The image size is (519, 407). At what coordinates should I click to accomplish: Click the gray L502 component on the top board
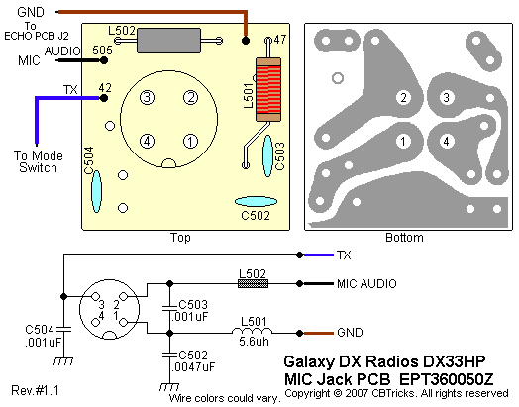[x=168, y=41]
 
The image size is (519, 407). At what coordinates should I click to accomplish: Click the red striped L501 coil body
[x=268, y=89]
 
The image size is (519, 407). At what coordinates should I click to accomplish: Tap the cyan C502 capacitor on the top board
[x=256, y=201]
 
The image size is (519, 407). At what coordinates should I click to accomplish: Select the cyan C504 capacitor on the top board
[x=96, y=191]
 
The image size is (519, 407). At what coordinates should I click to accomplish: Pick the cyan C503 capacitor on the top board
[x=267, y=155]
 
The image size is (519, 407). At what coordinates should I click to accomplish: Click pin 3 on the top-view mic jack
[x=147, y=98]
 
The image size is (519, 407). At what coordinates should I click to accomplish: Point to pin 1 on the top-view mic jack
[x=190, y=142]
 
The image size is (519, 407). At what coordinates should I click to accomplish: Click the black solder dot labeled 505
[x=104, y=60]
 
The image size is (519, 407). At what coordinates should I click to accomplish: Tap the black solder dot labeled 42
[x=104, y=98]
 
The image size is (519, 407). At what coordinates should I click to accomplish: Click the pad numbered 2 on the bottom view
[x=403, y=98]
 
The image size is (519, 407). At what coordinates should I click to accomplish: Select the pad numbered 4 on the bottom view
[x=446, y=142]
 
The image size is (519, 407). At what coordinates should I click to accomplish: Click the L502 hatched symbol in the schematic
[x=254, y=283]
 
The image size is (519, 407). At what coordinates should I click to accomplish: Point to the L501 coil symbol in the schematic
[x=253, y=331]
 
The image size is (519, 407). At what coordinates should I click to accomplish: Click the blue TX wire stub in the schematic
[x=318, y=254]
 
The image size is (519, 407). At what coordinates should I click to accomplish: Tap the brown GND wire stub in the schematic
[x=318, y=333]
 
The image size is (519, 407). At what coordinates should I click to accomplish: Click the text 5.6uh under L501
[x=254, y=342]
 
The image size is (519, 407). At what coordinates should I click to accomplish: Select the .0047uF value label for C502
[x=193, y=367]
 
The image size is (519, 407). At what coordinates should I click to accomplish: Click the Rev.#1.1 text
[x=35, y=390]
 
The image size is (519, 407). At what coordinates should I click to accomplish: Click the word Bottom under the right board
[x=404, y=238]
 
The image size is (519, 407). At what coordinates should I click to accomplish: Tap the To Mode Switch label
[x=38, y=161]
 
